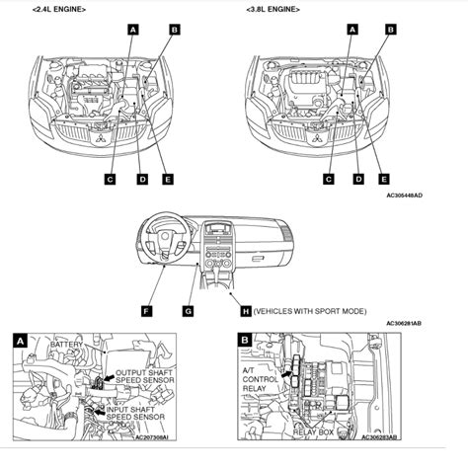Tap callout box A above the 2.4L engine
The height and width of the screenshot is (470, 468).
click(x=132, y=31)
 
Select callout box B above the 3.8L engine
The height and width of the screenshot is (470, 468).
click(x=390, y=31)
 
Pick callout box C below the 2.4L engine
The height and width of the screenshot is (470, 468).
click(x=111, y=179)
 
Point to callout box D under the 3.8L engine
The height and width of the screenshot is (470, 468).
click(x=357, y=179)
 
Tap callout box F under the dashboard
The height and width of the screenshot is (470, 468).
click(x=147, y=311)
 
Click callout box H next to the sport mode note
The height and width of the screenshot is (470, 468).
click(x=246, y=311)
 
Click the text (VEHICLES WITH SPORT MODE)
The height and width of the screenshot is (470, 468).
click(x=310, y=311)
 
